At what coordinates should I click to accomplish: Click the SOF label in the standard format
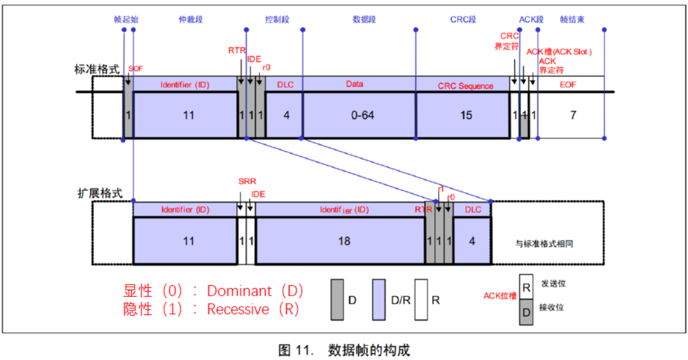tap(136, 68)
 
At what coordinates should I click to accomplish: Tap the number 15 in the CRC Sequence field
tap(466, 115)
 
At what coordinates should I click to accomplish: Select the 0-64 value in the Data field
tap(362, 115)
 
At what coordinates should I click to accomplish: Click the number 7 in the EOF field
tap(573, 115)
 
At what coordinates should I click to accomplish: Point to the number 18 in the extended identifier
tap(344, 241)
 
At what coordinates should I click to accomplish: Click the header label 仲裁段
tap(191, 19)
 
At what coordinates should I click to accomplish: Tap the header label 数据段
tap(364, 19)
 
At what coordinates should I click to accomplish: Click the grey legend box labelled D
tap(337, 300)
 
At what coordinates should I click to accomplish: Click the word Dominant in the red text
tap(239, 291)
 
